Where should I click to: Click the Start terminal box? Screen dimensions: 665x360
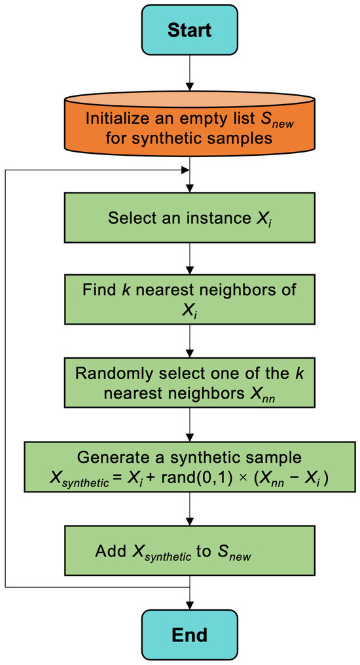(189, 30)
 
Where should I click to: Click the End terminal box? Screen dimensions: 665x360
(189, 634)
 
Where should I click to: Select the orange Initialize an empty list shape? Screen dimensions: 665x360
(189, 124)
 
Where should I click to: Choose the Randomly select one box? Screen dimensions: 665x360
(189, 384)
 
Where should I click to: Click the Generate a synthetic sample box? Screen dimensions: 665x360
(189, 466)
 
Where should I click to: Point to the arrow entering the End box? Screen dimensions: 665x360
(189, 597)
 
